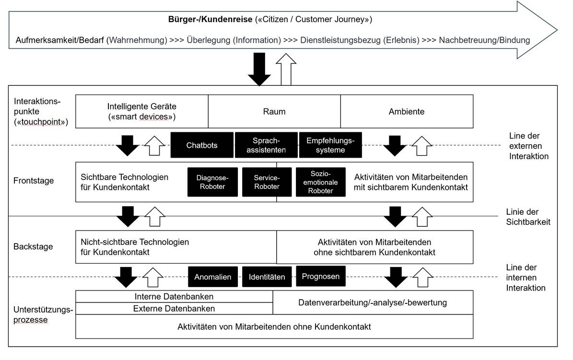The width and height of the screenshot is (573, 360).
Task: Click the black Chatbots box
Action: point(202,145)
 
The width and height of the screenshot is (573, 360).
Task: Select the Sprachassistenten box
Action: point(266,145)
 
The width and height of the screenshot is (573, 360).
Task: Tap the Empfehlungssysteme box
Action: point(330,145)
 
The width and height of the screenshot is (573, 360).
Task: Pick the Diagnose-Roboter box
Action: point(212,182)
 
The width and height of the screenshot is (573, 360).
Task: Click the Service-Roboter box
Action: point(267,182)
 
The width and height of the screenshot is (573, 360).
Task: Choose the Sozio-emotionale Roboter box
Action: point(320,182)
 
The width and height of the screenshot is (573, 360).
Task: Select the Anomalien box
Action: point(213,277)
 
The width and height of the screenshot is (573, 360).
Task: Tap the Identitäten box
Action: point(267,277)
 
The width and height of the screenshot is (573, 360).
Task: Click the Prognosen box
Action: point(320,276)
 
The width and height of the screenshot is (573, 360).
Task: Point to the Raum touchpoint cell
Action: point(274,112)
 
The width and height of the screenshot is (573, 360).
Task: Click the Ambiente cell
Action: point(407,112)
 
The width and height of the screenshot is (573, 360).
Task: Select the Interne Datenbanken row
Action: point(174,296)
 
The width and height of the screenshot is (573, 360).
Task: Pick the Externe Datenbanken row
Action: point(174,308)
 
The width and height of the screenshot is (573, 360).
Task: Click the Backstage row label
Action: point(33,247)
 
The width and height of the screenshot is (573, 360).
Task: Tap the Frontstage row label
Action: point(34,181)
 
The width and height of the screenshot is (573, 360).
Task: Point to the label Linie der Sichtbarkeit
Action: point(528,217)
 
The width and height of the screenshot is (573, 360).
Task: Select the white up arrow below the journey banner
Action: point(286,70)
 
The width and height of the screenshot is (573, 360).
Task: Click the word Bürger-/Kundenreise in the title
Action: point(210,19)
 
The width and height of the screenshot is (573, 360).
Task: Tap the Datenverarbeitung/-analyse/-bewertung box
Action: point(373,302)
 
